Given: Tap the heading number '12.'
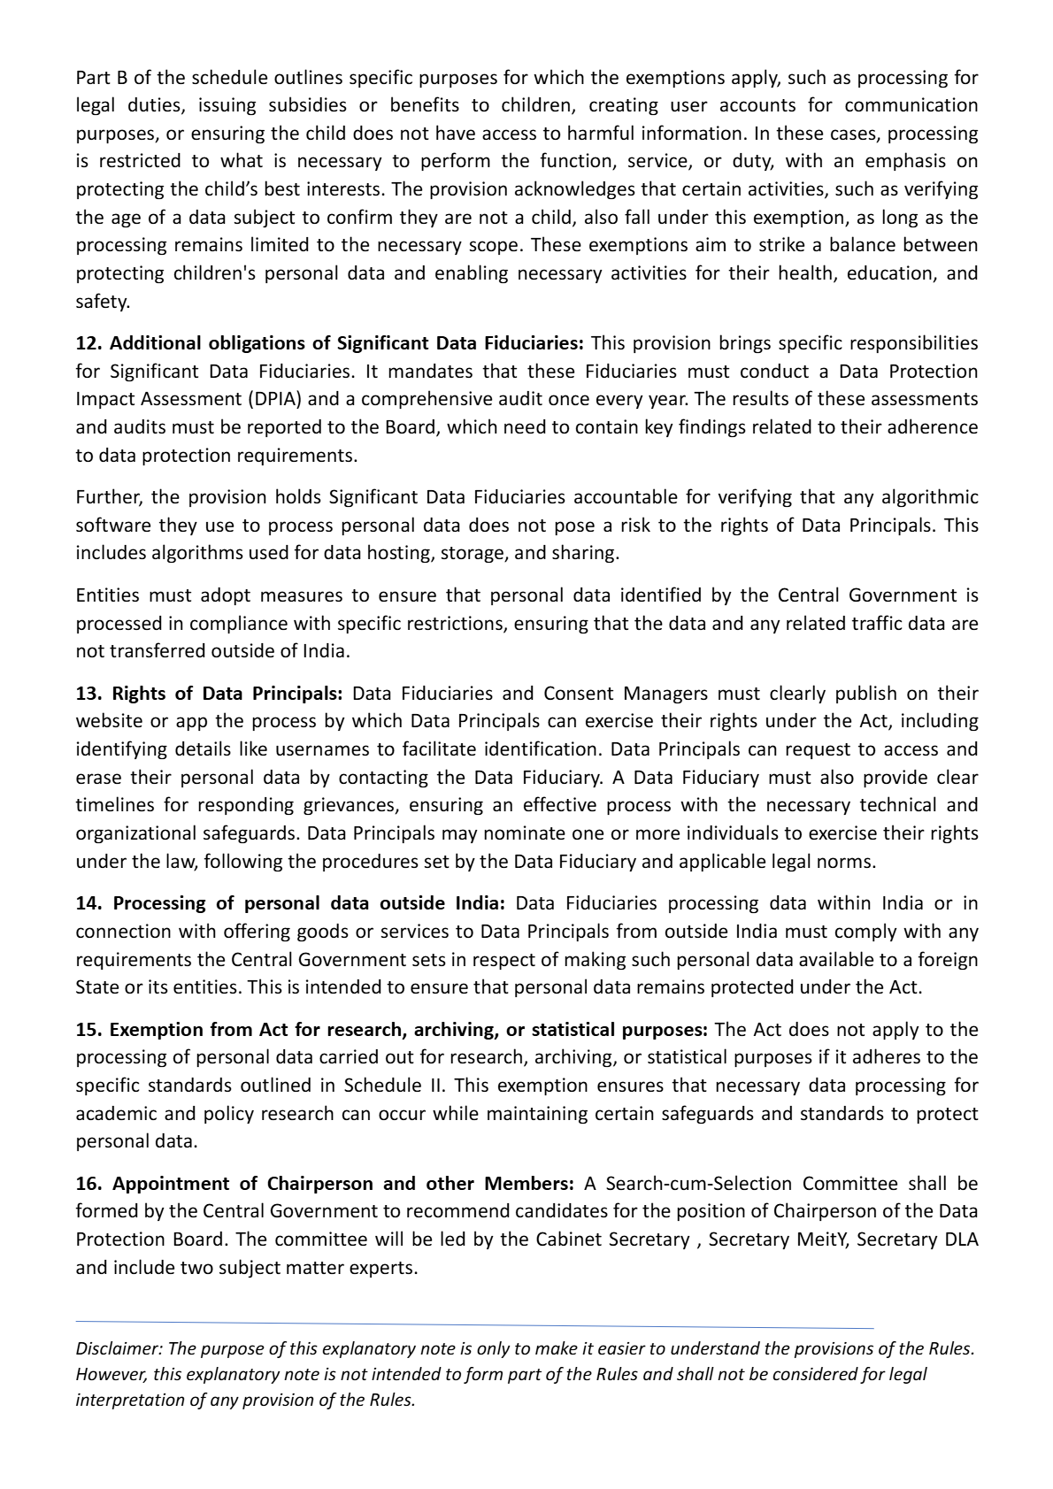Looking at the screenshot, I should [88, 342].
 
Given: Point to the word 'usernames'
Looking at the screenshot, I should [326, 748].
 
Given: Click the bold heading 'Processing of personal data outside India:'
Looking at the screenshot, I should [309, 903].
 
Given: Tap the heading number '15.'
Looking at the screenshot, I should [88, 1030].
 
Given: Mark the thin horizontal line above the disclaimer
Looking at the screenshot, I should [474, 1324].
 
